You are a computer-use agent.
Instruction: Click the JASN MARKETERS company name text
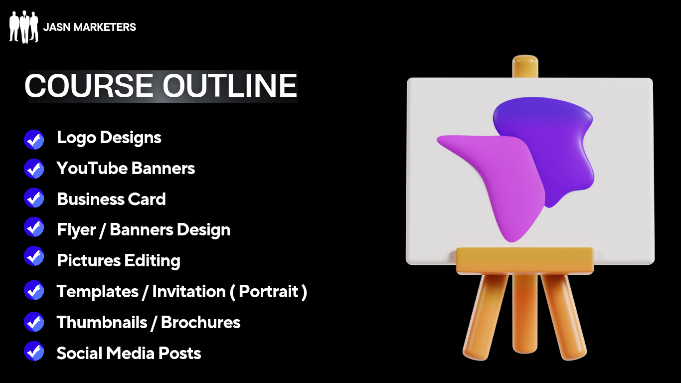coord(90,27)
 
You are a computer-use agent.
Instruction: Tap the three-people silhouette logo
coord(24,27)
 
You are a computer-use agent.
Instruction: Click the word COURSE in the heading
coord(88,86)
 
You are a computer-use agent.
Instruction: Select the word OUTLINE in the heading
coord(229,86)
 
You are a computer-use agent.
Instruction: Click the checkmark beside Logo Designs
coord(34,140)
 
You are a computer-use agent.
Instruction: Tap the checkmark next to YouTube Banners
coord(34,169)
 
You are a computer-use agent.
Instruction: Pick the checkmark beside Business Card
coord(34,198)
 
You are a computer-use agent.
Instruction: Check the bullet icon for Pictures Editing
coord(34,256)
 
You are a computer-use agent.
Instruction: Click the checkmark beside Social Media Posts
coord(34,351)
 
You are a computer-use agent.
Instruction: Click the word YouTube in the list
coord(92,168)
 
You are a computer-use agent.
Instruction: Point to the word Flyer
coord(76,230)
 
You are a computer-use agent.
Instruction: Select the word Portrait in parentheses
coord(268,291)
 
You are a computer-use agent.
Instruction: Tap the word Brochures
coord(200,322)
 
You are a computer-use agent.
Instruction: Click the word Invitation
coord(189,291)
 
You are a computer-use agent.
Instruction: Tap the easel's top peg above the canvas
coord(525,66)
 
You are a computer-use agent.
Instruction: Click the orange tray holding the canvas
coord(525,261)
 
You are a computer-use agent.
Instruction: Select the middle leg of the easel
coord(525,313)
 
